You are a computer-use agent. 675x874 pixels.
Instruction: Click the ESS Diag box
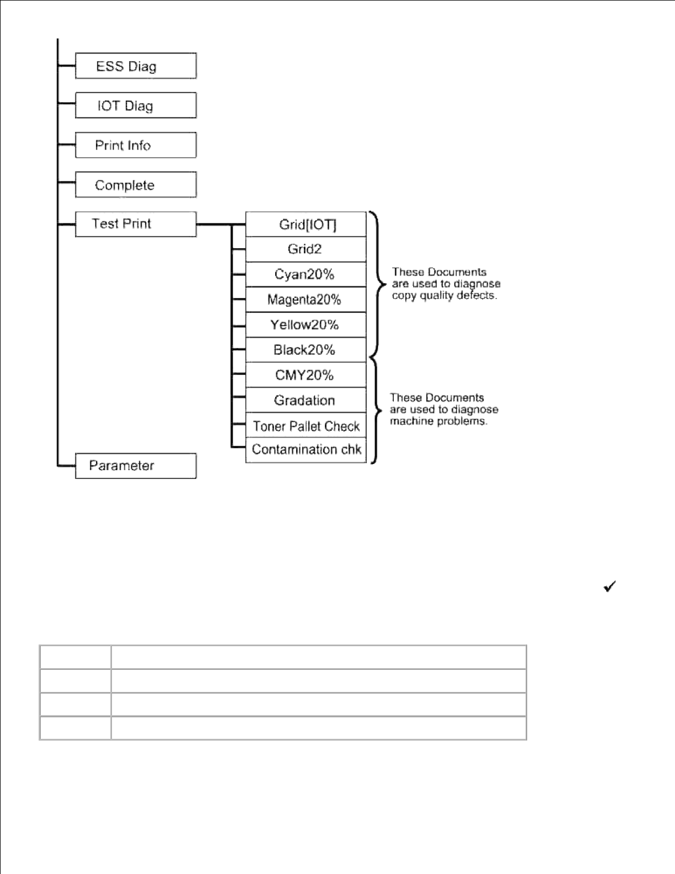136,66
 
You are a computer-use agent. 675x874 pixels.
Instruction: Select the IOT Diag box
136,105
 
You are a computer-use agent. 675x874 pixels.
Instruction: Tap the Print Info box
136,145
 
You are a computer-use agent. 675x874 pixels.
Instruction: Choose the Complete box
136,185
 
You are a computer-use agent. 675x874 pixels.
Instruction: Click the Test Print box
136,224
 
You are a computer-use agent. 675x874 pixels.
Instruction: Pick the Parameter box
136,466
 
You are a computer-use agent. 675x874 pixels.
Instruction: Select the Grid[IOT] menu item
306,225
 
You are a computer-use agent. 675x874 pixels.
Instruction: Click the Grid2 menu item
306,249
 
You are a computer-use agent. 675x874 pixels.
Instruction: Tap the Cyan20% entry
306,274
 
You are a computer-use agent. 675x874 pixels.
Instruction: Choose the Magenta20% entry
306,300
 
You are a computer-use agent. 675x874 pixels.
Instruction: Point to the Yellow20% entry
306,325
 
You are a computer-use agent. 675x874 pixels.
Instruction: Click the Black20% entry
306,350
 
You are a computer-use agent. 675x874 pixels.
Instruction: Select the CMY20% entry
306,375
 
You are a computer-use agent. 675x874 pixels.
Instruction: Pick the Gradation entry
306,401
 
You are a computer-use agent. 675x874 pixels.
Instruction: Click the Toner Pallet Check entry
306,426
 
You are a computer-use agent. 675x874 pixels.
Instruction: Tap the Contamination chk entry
306,450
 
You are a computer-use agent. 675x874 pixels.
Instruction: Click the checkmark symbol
609,587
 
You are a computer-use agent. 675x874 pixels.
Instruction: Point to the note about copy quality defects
446,284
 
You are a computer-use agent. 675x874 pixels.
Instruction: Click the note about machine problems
443,409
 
